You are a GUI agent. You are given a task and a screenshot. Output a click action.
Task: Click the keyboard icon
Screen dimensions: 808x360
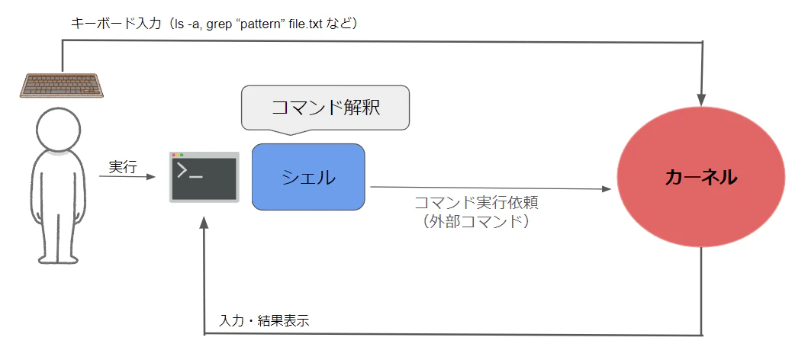pyautogui.click(x=62, y=85)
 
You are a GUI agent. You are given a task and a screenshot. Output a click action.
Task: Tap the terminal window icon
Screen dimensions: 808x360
pyautogui.click(x=204, y=177)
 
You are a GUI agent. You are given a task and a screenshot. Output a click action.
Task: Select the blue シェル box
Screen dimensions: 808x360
pyautogui.click(x=308, y=177)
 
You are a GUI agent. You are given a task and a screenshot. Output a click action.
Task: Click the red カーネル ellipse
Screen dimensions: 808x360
pyautogui.click(x=701, y=177)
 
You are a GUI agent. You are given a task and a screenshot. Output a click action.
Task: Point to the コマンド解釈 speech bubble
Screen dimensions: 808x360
pyautogui.click(x=325, y=108)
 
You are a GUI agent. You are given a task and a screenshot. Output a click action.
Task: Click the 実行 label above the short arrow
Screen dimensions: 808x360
pyautogui.click(x=123, y=167)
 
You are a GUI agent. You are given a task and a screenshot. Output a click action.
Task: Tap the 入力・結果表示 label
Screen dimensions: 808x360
pyautogui.click(x=264, y=320)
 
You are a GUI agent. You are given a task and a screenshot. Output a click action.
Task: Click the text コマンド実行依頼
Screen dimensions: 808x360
pyautogui.click(x=477, y=202)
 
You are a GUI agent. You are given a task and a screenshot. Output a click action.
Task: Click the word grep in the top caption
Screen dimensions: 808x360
pyautogui.click(x=219, y=24)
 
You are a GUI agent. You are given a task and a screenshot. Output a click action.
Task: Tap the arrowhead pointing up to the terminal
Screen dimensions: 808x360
pyautogui.click(x=204, y=222)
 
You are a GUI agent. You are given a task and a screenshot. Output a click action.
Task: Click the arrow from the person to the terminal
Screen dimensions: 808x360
pyautogui.click(x=127, y=177)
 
